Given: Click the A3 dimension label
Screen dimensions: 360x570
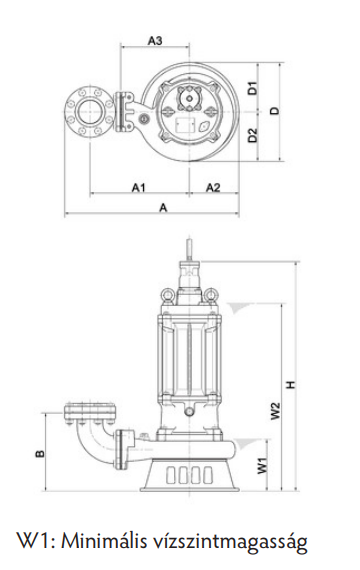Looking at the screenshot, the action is click(155, 40).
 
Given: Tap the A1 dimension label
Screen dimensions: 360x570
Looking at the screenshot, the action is click(139, 187).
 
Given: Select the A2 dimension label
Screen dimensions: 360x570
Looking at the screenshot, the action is click(213, 187).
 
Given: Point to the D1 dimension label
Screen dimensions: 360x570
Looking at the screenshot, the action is click(253, 88).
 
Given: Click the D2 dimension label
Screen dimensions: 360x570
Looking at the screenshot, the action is click(253, 136).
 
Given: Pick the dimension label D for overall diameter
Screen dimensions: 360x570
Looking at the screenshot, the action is click(276, 111).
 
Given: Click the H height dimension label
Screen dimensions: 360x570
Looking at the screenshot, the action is click(291, 384).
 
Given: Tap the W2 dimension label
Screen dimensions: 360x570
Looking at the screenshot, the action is click(276, 410).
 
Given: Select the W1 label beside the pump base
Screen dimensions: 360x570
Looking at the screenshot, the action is click(262, 466).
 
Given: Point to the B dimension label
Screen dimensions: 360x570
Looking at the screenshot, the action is click(40, 453).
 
